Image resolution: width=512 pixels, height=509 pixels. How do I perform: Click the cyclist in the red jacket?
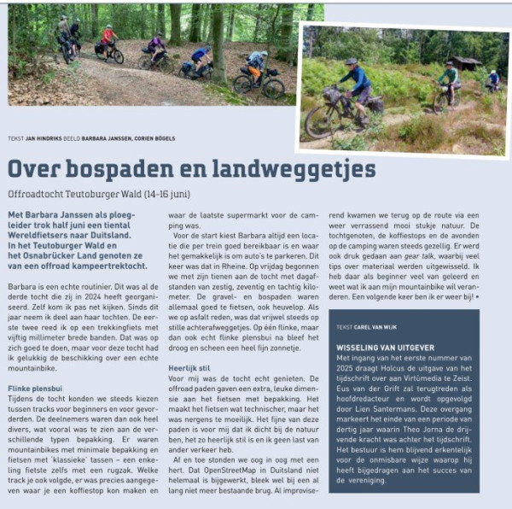tap(108, 39)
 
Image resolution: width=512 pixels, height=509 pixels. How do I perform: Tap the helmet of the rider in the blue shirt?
tap(352, 62)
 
